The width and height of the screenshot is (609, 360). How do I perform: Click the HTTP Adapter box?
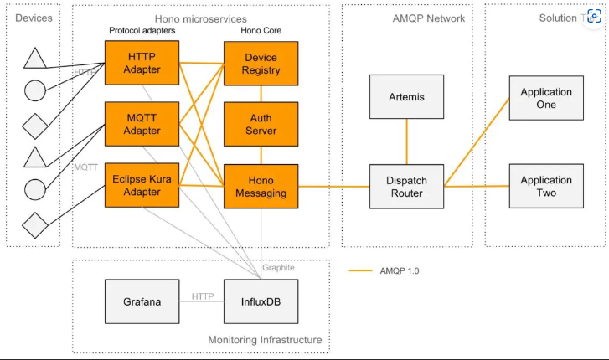pyautogui.click(x=142, y=62)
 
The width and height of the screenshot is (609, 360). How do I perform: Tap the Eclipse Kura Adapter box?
pyautogui.click(x=142, y=185)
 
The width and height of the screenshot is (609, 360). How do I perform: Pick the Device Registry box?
pyautogui.click(x=261, y=63)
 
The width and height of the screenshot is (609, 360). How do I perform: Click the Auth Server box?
pyautogui.click(x=261, y=125)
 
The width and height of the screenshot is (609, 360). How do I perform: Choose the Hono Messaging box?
pyautogui.click(x=261, y=186)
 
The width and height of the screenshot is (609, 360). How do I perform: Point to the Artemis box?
pyautogui.click(x=406, y=97)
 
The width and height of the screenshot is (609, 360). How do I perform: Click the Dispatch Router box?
pyautogui.click(x=406, y=186)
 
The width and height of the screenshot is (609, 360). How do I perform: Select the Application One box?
pyautogui.click(x=546, y=98)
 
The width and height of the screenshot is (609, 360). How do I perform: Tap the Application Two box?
pyautogui.click(x=546, y=186)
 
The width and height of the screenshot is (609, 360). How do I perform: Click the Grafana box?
pyautogui.click(x=142, y=301)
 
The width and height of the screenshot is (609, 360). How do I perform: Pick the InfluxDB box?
pyautogui.click(x=261, y=301)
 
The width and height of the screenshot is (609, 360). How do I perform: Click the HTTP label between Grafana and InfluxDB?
pyautogui.click(x=202, y=296)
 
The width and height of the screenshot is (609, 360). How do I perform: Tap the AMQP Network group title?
pyautogui.click(x=428, y=18)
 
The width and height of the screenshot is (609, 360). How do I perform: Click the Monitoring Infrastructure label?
pyautogui.click(x=265, y=340)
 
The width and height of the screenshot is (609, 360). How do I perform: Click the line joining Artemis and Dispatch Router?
pyautogui.click(x=406, y=141)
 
